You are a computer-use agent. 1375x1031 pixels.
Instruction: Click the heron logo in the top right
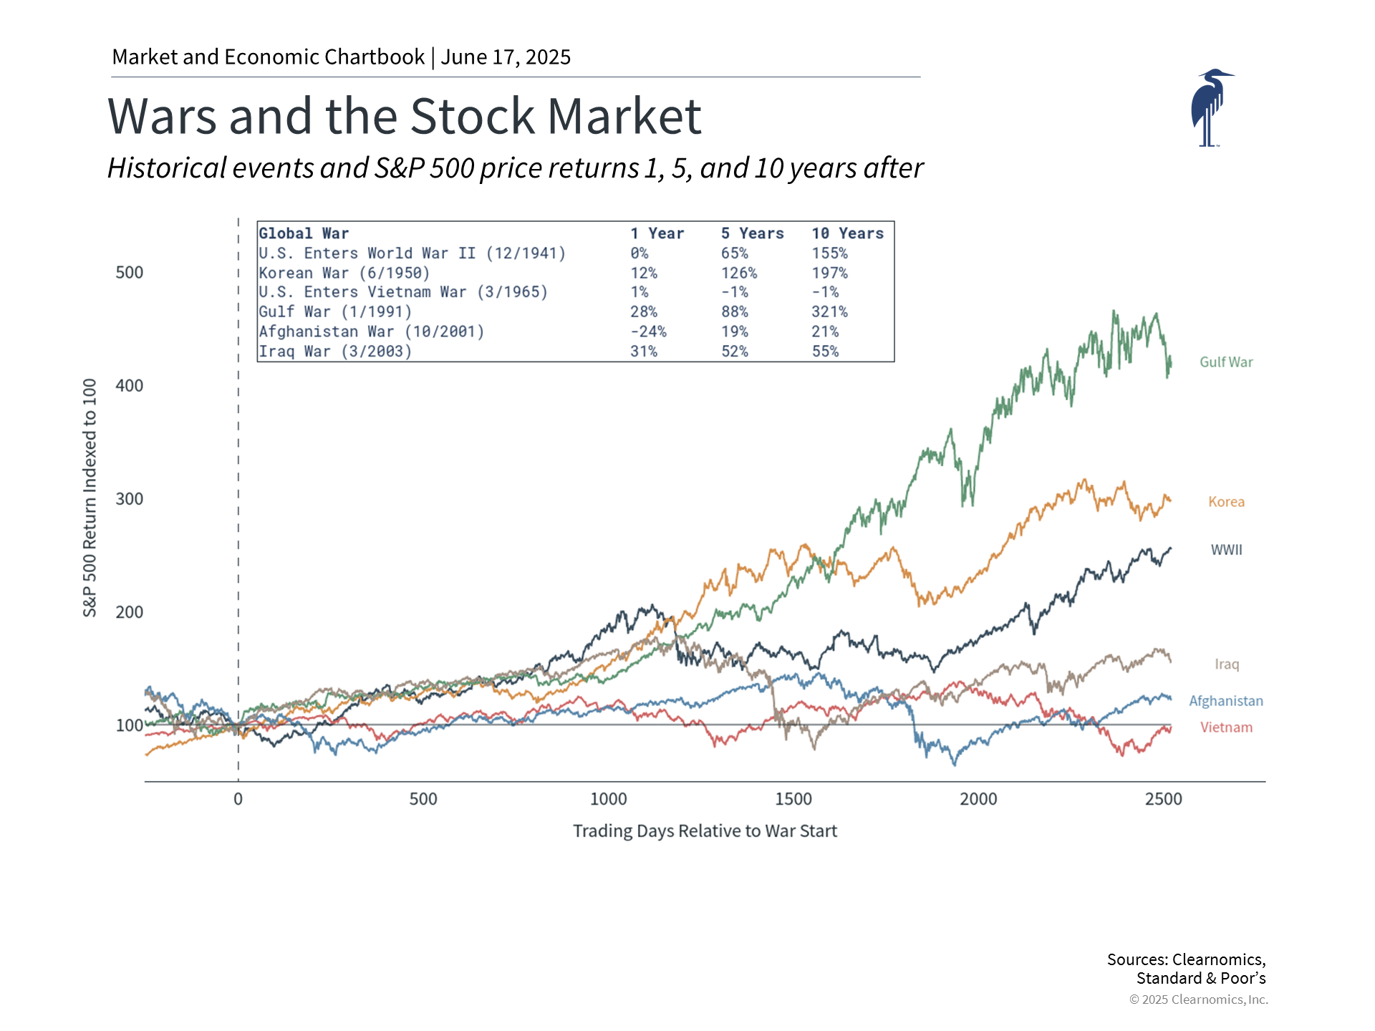[1210, 107]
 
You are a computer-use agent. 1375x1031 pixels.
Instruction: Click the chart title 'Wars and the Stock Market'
[404, 116]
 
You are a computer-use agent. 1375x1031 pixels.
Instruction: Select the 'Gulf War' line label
[1226, 362]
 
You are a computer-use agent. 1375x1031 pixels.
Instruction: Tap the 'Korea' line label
[1226, 502]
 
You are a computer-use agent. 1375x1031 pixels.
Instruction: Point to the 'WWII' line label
[1226, 550]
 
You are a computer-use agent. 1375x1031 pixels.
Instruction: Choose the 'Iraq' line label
[1226, 664]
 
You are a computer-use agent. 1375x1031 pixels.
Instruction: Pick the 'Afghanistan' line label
[1226, 701]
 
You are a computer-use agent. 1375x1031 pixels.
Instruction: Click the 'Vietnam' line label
[1226, 727]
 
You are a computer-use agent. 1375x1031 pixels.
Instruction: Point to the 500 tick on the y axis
[130, 273]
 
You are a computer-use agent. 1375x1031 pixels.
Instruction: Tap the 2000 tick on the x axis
[978, 799]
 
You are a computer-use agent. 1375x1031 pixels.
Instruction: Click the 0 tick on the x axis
[238, 799]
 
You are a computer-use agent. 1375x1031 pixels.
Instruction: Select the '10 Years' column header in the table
[847, 233]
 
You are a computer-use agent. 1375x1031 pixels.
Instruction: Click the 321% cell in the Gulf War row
[829, 312]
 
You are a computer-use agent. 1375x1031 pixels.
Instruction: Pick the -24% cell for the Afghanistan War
[648, 331]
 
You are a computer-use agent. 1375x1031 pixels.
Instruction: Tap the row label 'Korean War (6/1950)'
[344, 273]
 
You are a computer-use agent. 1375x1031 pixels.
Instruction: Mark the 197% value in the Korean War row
[829, 273]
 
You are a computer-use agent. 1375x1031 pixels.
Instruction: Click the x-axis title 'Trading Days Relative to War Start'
[705, 831]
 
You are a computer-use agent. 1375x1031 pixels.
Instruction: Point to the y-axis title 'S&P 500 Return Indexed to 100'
[90, 498]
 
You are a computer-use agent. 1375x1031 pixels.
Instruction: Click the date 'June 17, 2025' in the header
[506, 57]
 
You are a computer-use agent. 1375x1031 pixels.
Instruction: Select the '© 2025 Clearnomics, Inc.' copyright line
[1198, 999]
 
